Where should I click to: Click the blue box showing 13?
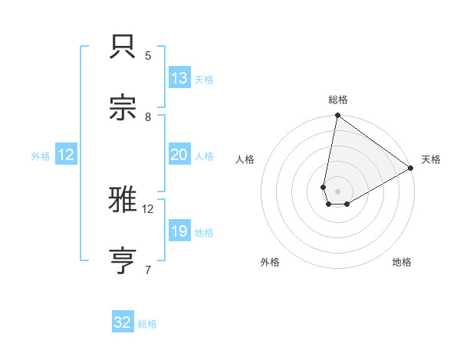click(179, 78)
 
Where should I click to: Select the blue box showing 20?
click(179, 155)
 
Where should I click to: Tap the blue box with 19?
click(179, 231)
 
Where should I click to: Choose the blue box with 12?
click(66, 155)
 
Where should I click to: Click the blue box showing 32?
click(123, 322)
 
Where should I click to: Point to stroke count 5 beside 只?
click(148, 55)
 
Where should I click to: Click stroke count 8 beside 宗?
click(148, 116)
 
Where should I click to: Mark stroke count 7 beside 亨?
click(148, 270)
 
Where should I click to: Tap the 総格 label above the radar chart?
click(338, 100)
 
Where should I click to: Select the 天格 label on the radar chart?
click(431, 159)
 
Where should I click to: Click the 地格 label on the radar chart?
click(402, 262)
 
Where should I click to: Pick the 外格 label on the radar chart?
click(270, 262)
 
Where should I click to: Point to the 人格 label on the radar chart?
click(245, 159)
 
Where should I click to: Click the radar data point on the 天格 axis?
click(411, 169)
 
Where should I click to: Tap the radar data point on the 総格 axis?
click(337, 116)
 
